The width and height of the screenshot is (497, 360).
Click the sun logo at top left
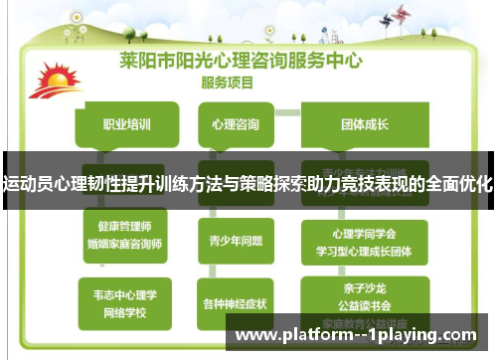(57, 79)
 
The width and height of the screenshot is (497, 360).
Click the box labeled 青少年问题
(236, 240)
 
